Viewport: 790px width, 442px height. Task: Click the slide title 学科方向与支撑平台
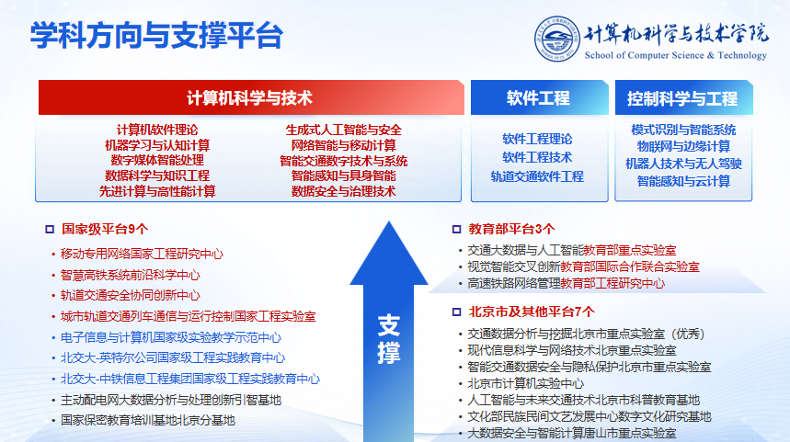coord(156,35)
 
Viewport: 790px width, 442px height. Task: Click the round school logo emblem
coord(556,39)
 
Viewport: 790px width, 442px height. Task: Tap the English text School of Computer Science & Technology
coord(676,55)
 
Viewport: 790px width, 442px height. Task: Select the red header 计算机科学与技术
coord(251,97)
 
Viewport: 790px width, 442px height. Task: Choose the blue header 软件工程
coord(539,97)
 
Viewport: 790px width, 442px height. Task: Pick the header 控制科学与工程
coord(683,98)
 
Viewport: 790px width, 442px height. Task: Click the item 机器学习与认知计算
coord(157,145)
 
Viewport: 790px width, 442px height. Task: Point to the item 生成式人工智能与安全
coord(344,130)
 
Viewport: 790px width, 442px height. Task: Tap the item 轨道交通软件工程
coord(537,176)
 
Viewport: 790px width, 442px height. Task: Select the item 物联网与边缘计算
coord(683,146)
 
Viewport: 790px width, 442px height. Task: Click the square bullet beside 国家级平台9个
coord(50,230)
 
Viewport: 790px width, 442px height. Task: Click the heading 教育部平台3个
coord(511,229)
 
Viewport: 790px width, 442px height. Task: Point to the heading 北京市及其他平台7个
coord(532,312)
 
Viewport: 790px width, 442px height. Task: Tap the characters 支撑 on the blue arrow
coord(389,339)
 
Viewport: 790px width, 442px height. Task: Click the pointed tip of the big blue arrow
coord(389,221)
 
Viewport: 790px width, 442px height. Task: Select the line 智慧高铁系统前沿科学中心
coord(130,275)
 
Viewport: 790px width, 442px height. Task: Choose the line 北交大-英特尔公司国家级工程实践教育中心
coord(173,358)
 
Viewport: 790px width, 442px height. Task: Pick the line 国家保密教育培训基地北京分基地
coord(148,420)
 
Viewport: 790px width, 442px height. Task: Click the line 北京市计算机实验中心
coord(525,383)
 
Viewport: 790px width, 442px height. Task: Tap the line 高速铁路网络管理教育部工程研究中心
coord(566,283)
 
